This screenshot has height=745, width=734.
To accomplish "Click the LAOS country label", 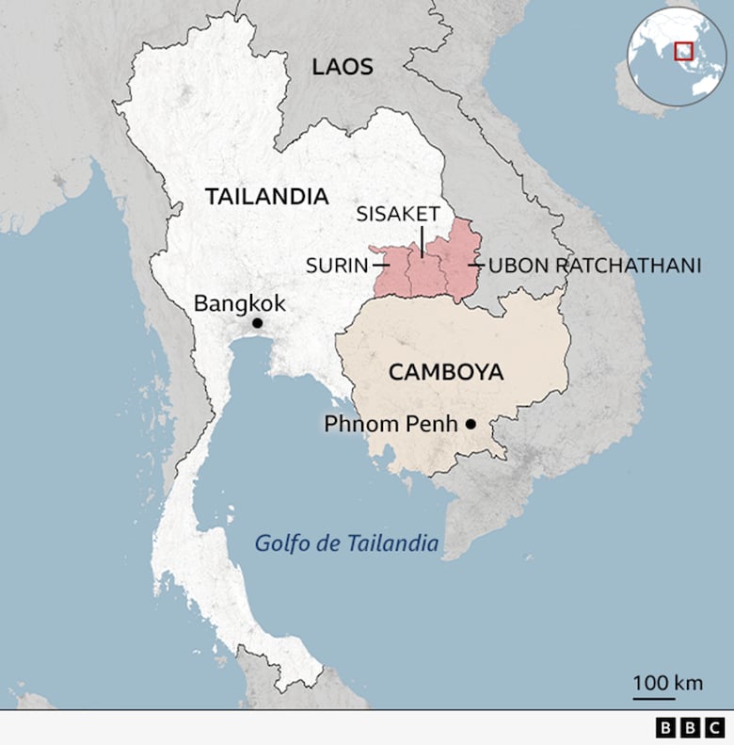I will click(343, 67).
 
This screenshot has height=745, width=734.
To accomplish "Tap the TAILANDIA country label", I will click(266, 197).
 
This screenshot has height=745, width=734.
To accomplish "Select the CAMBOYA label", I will click(446, 372).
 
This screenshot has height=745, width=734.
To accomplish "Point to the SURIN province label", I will click(336, 266).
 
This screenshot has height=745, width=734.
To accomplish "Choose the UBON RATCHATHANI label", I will click(595, 266).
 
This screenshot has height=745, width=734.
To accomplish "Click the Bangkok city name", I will click(239, 303).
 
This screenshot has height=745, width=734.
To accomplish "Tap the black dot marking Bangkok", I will click(257, 323).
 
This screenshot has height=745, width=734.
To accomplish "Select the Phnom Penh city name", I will click(391, 424).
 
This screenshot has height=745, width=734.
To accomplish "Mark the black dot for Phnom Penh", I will click(471, 425).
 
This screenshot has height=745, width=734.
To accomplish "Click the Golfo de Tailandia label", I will click(347, 543).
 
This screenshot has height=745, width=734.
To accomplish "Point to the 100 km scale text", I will click(667, 683).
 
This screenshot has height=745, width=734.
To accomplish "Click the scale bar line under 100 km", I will click(653, 699).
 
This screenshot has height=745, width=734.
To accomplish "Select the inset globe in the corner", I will click(677, 56).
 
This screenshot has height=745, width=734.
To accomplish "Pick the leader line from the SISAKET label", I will click(422, 239).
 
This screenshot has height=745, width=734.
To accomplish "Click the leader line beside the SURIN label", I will click(380, 266).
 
